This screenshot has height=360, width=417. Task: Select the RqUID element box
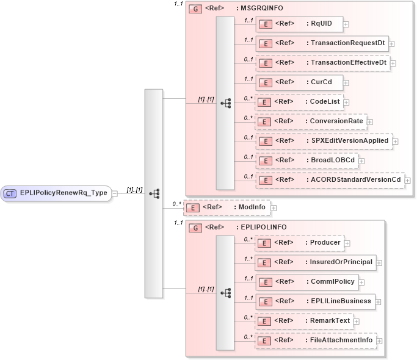click(x=299, y=24)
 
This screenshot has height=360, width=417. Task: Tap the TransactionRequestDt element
click(x=322, y=43)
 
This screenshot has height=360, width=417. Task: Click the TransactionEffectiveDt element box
click(x=323, y=63)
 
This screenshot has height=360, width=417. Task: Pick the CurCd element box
click(x=299, y=82)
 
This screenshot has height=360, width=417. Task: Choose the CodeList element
click(x=299, y=102)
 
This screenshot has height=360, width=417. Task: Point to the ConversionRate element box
click(x=311, y=121)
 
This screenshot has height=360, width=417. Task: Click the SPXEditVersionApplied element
click(x=324, y=141)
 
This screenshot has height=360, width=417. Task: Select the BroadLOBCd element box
click(x=306, y=160)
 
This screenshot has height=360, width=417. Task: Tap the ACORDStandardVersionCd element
click(x=330, y=180)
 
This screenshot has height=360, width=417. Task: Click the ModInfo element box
click(x=227, y=207)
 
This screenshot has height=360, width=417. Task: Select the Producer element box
click(x=299, y=242)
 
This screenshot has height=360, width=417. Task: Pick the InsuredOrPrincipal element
click(x=316, y=262)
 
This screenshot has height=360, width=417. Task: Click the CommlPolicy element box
click(x=306, y=281)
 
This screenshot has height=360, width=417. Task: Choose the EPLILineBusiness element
click(x=316, y=301)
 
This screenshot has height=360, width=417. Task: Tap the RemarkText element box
click(x=304, y=320)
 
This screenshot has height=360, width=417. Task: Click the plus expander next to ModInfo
click(x=274, y=208)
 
